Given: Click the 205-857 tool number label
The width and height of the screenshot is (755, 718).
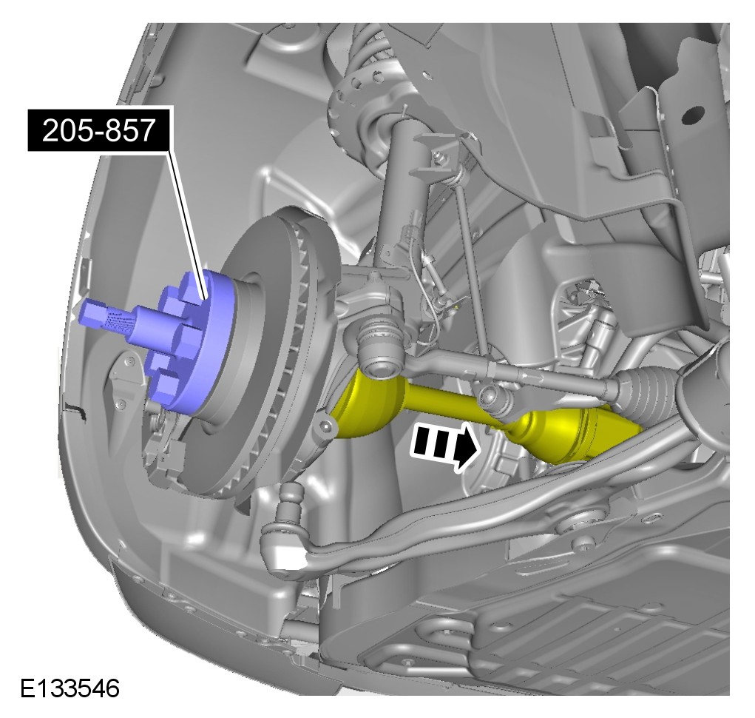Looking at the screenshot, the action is pyautogui.click(x=98, y=130).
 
